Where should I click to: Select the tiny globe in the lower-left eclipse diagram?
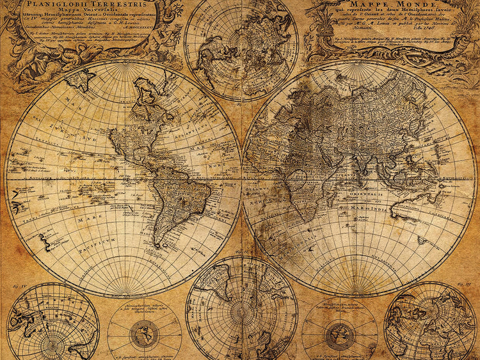[145, 333]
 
